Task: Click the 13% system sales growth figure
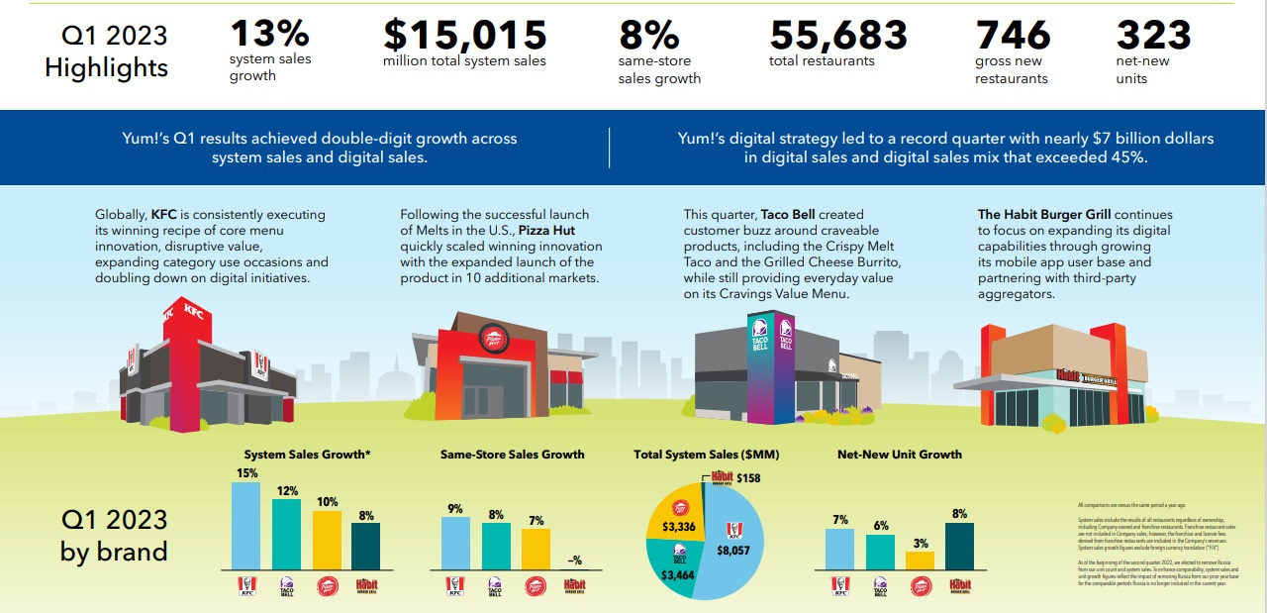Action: (269, 35)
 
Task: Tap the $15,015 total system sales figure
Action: (464, 35)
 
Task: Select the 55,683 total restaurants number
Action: (837, 35)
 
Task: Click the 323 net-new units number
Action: (1153, 35)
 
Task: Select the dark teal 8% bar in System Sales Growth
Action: (365, 546)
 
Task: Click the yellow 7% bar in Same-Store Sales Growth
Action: (536, 550)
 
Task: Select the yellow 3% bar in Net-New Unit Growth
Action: (920, 561)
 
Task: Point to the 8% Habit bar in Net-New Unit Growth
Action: (959, 546)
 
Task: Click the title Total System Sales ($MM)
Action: (707, 455)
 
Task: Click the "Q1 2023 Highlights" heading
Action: (107, 52)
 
